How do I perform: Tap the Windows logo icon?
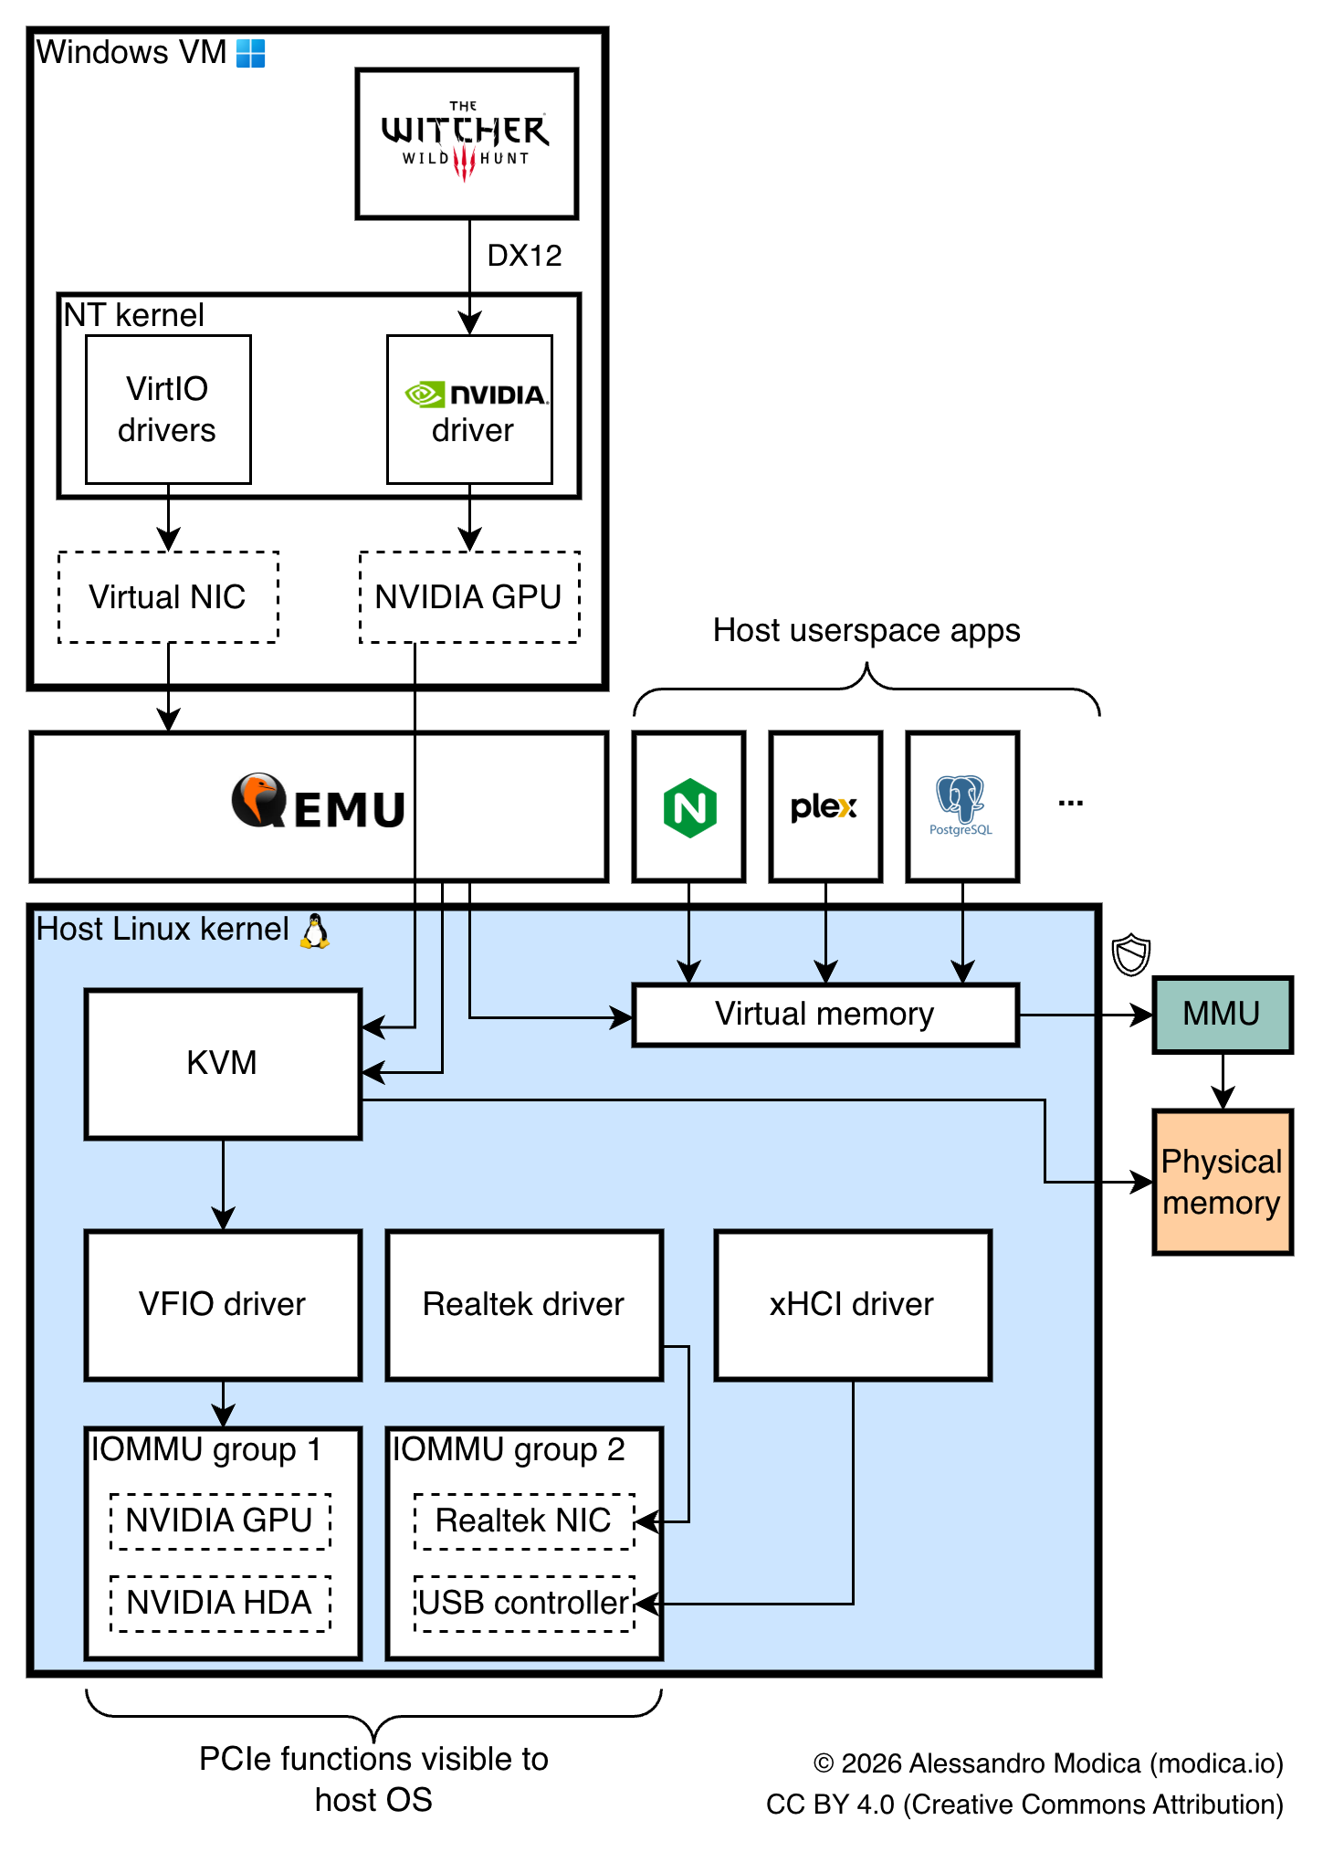pos(250,53)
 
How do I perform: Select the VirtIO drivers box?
pos(168,409)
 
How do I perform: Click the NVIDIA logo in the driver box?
pos(475,395)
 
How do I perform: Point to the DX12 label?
pos(524,256)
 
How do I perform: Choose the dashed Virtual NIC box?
pos(168,597)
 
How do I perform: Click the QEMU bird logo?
pos(258,800)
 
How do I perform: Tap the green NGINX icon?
pos(689,807)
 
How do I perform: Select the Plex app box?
pos(825,807)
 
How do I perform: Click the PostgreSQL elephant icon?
pos(961,800)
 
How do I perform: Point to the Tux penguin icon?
pos(315,931)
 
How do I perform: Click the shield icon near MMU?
pos(1131,954)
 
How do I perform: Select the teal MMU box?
pos(1223,1015)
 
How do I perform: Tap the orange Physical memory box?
pos(1223,1183)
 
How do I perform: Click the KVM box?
pos(223,1064)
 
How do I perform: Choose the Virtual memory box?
pos(825,1015)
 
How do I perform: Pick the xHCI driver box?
pos(853,1305)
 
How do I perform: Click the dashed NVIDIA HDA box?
pos(220,1604)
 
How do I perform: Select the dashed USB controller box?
pos(524,1604)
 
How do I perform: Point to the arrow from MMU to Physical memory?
pos(1223,1082)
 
